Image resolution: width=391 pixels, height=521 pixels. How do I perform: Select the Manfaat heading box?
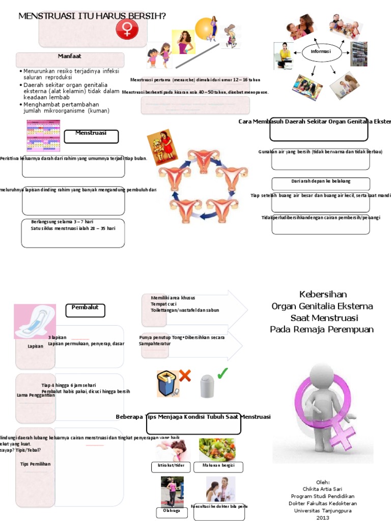point(70,57)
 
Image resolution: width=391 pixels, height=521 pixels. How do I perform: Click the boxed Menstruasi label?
point(91,135)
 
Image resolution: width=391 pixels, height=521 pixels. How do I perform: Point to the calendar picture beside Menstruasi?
point(43,136)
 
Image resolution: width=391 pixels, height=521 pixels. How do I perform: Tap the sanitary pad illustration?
point(35,321)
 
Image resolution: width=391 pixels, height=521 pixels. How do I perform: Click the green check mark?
point(222,374)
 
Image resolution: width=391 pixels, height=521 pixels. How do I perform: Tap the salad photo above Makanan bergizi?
point(217,449)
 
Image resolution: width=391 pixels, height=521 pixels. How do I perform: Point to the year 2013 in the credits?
point(323,517)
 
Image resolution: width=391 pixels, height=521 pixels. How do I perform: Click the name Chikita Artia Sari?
point(323,489)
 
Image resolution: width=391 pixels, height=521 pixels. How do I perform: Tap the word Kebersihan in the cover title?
point(322,294)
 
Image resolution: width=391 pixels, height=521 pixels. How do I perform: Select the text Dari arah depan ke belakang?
point(321,182)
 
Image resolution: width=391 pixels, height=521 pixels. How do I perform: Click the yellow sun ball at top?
point(204,28)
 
